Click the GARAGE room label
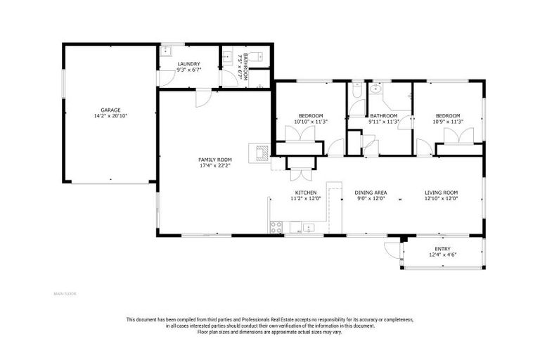(x=110, y=110)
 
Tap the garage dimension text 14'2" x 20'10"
(x=110, y=116)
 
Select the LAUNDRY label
(x=188, y=64)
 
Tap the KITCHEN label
(x=306, y=192)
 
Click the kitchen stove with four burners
(x=276, y=227)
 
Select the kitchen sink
(x=308, y=227)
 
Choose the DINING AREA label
(x=371, y=192)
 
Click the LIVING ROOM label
(x=441, y=192)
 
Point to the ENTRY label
(x=443, y=249)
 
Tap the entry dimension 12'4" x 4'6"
(x=443, y=255)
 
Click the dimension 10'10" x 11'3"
(x=310, y=122)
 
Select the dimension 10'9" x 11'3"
(x=447, y=122)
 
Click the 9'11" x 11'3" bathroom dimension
(x=384, y=122)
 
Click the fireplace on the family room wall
(x=259, y=153)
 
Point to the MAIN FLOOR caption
(x=65, y=293)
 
